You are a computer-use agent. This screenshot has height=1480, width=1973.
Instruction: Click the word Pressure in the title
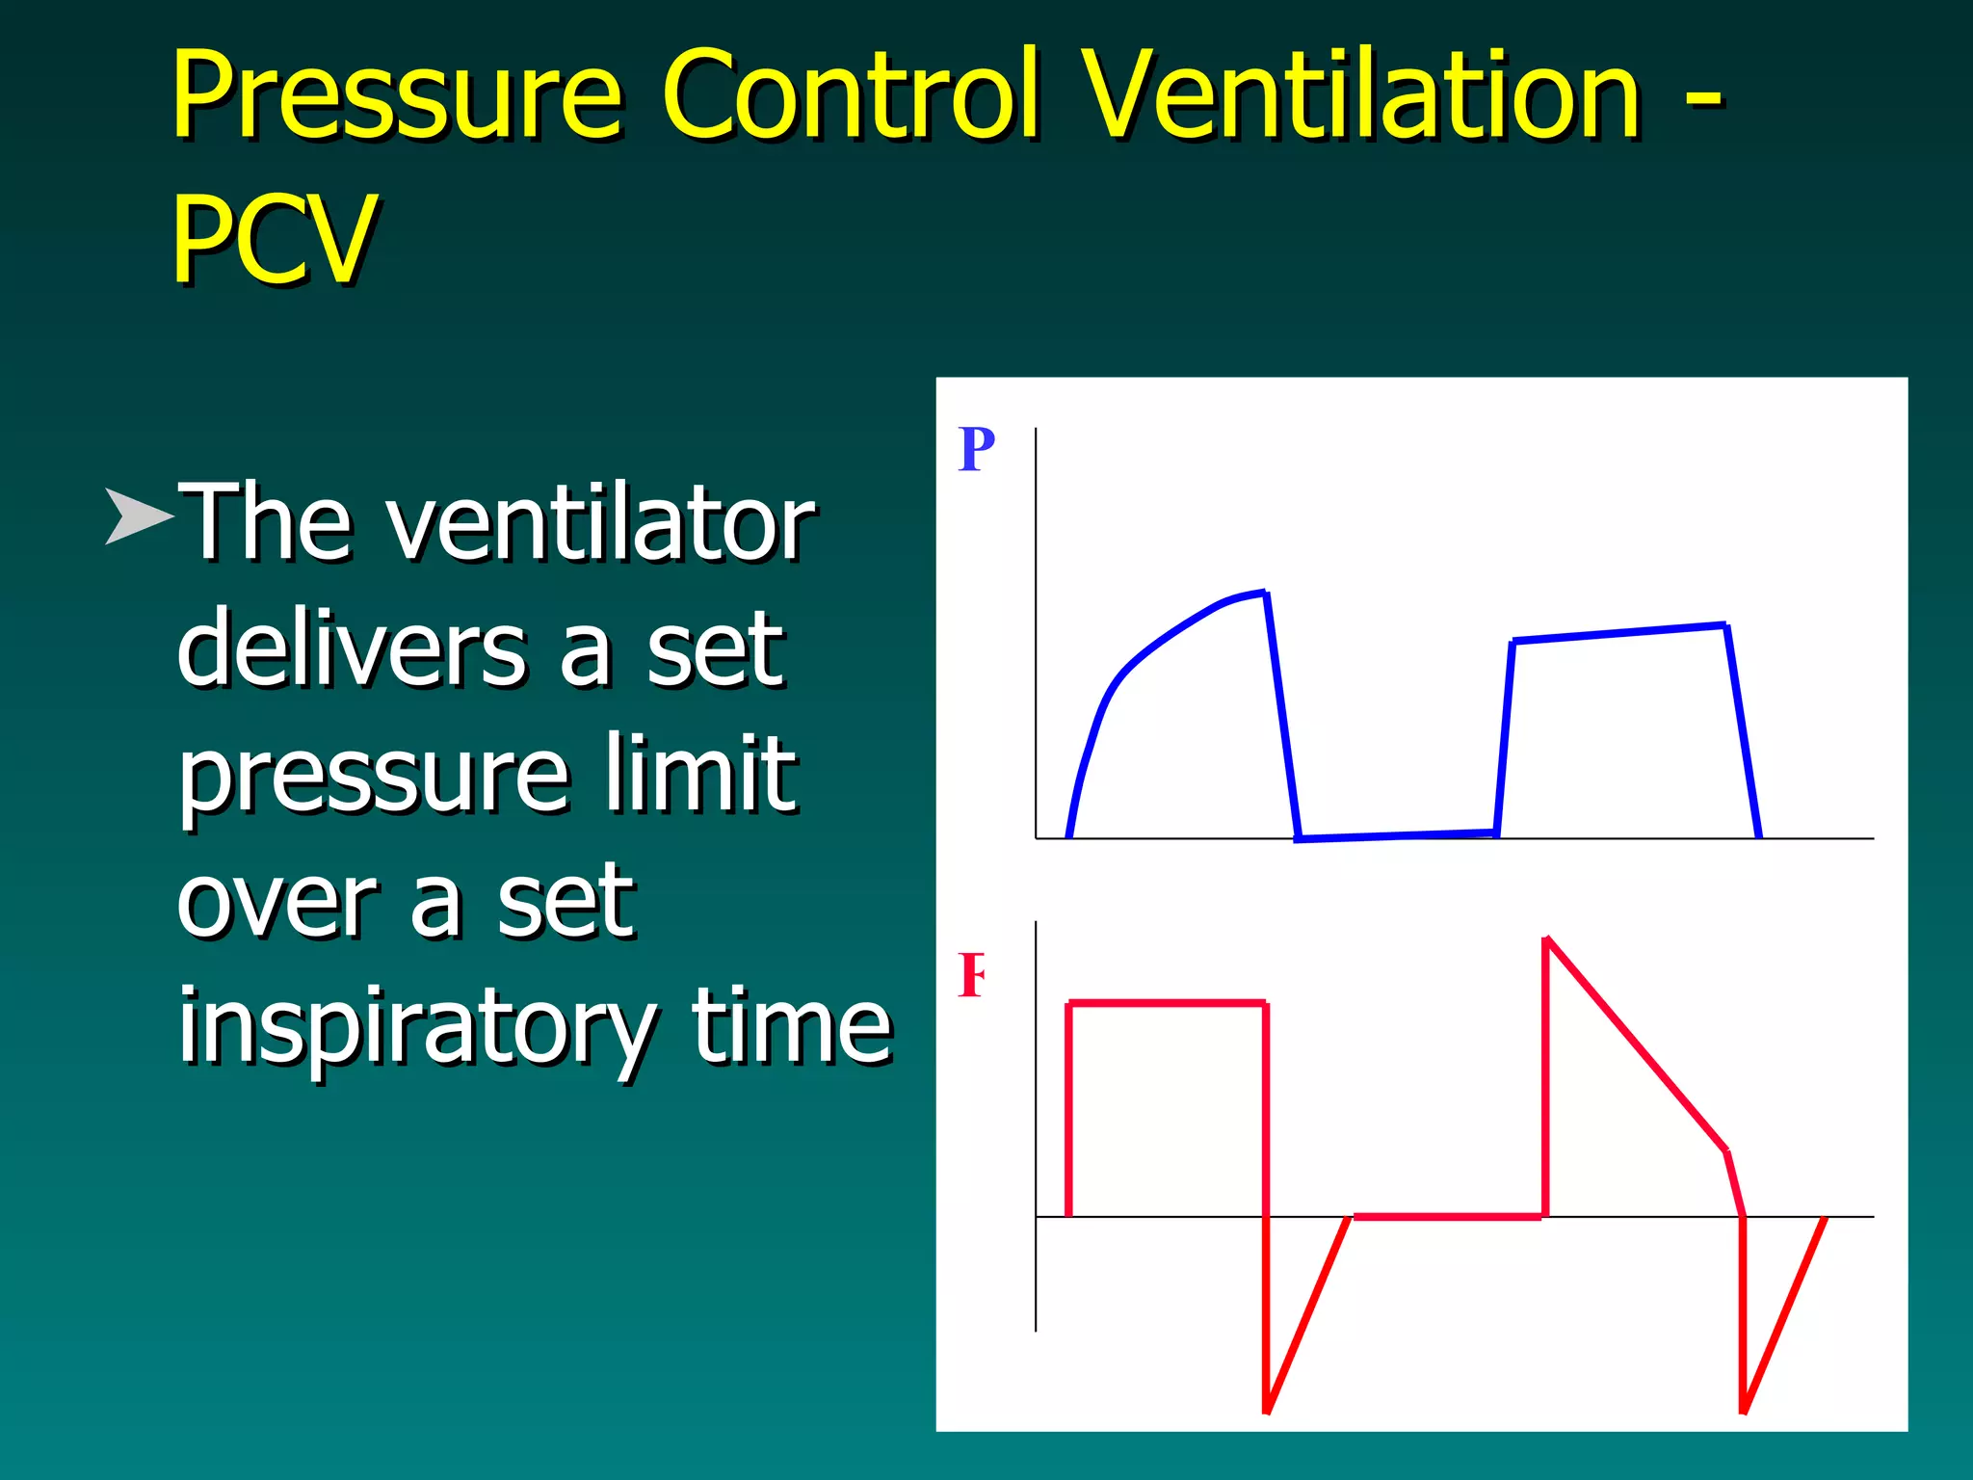(x=397, y=96)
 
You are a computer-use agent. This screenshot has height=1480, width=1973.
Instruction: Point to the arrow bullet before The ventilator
(x=138, y=516)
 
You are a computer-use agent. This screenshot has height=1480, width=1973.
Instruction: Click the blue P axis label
(x=976, y=449)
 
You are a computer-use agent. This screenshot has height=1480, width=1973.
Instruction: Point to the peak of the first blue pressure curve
(x=1263, y=594)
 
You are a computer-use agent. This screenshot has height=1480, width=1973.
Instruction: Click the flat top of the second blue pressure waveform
(x=1618, y=633)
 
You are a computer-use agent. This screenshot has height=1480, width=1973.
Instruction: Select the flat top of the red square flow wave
(x=1167, y=1004)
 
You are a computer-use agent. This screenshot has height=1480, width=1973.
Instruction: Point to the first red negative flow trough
(x=1267, y=1409)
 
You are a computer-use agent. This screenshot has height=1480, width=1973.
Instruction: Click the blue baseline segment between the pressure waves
(x=1397, y=835)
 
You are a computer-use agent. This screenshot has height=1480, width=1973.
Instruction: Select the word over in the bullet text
(x=278, y=902)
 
